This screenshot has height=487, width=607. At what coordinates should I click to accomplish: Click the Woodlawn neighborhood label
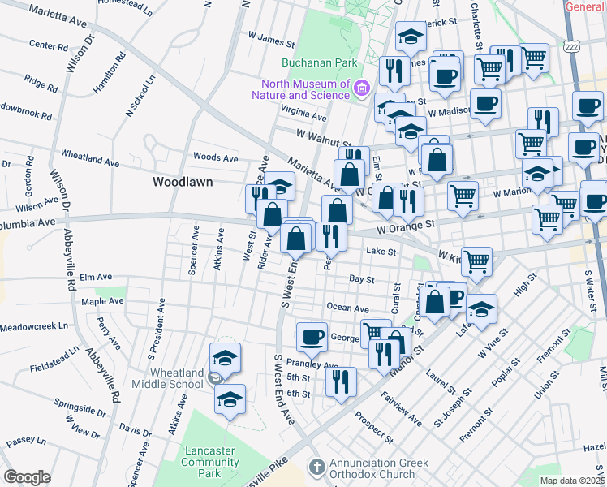pyautogui.click(x=183, y=182)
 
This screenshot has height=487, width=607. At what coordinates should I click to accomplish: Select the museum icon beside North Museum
pyautogui.click(x=362, y=87)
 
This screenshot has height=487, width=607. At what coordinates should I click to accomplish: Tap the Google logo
pyautogui.click(x=27, y=477)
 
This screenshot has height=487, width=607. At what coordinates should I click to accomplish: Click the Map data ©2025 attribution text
pyautogui.click(x=572, y=481)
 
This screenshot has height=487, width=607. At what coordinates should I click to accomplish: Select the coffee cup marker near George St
pyautogui.click(x=311, y=335)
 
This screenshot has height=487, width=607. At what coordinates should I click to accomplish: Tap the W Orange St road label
pyautogui.click(x=407, y=223)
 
